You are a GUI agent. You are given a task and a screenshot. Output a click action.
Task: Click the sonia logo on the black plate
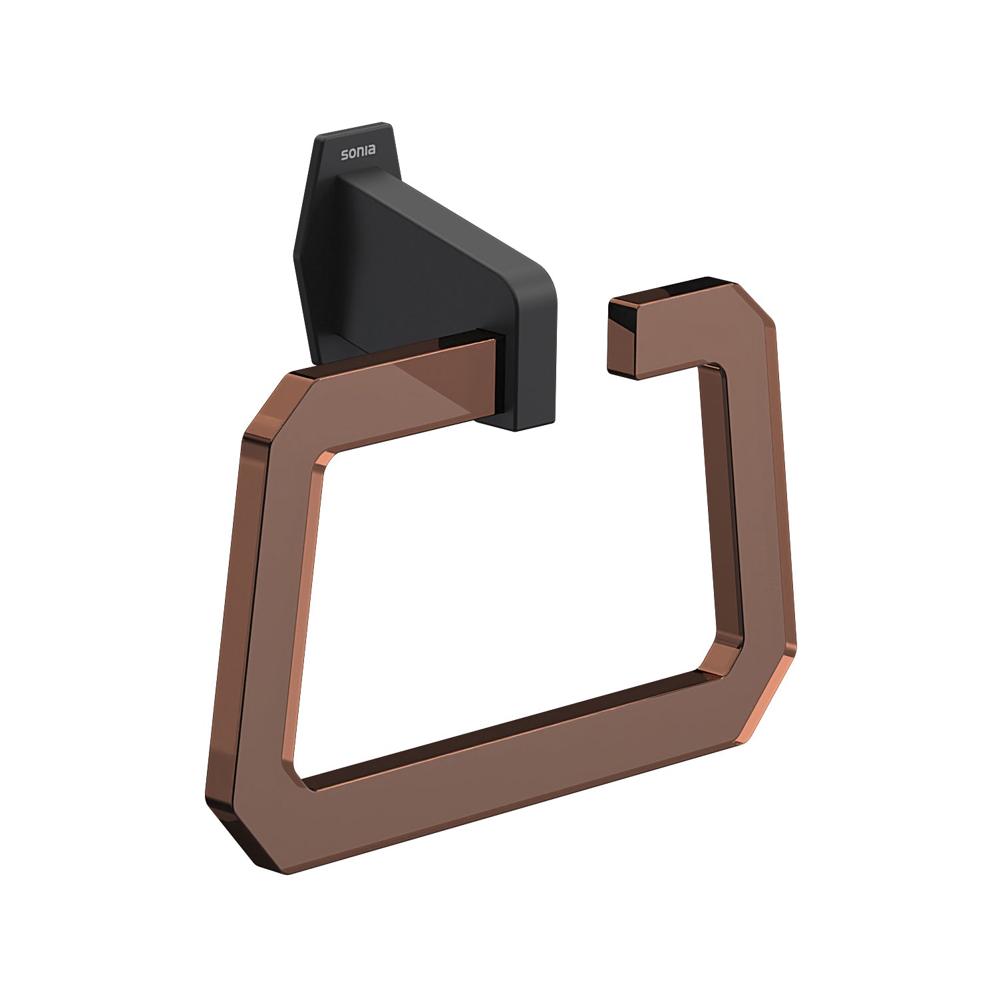[358, 152]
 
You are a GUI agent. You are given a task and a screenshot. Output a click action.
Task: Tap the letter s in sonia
[345, 155]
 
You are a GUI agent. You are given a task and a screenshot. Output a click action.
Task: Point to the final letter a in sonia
[371, 151]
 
